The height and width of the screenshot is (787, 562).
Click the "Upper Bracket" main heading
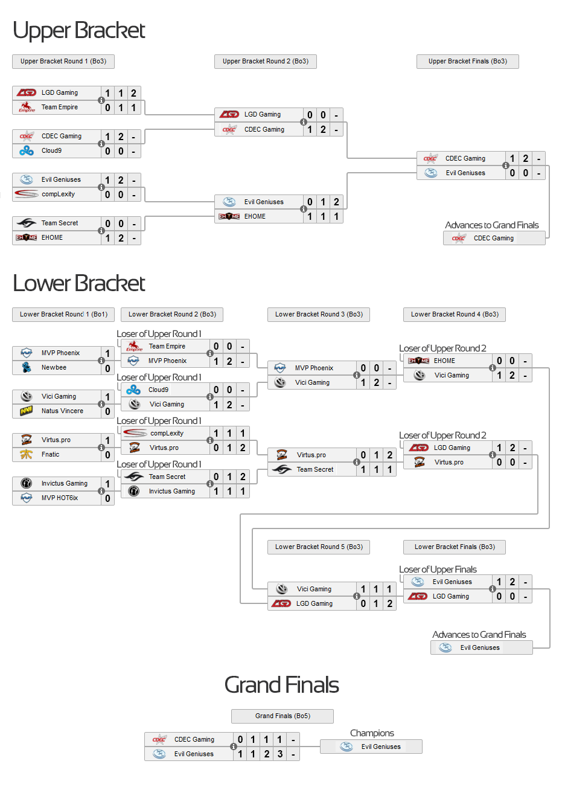pos(79,30)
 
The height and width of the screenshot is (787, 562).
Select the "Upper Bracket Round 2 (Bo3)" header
pos(265,61)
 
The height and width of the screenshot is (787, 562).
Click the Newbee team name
pos(54,367)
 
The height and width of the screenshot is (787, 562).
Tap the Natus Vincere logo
pos(27,411)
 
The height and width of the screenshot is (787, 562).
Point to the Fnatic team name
pos(50,454)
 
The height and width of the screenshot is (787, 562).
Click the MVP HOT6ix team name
pos(59,498)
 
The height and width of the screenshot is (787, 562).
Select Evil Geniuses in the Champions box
pos(380,747)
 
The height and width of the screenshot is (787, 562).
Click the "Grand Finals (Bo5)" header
pos(283,716)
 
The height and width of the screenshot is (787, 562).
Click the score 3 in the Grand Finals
pos(279,754)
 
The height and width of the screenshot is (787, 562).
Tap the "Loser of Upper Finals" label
pos(438,570)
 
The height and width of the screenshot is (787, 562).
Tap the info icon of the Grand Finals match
pos(234,747)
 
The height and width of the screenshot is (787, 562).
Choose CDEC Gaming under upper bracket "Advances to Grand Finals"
pos(493,238)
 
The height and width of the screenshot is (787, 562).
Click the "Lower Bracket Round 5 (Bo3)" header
pos(319,547)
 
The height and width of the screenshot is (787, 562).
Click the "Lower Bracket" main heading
pos(79,283)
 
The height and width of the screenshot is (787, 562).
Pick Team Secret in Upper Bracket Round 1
pos(59,223)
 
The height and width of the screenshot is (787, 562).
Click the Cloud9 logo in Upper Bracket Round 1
pos(27,150)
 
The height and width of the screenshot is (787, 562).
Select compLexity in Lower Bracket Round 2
pos(167,433)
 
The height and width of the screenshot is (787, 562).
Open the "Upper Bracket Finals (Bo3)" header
pos(467,61)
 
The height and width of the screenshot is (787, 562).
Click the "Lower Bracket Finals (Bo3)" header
pos(455,547)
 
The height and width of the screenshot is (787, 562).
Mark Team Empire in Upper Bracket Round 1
pos(59,107)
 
